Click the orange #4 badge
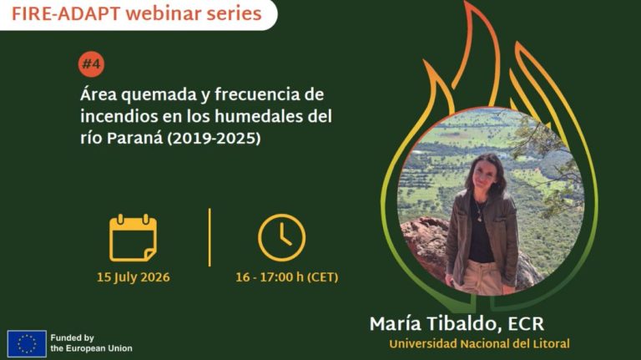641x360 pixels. point(92,63)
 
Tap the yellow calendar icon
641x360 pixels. point(133,238)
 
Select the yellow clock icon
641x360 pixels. point(281,238)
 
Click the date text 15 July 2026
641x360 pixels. point(134,277)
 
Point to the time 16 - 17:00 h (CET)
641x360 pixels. point(287,277)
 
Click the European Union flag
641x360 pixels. point(27,343)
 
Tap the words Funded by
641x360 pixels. point(73,338)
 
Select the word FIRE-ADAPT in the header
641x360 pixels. point(66,14)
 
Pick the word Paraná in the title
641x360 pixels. point(134,139)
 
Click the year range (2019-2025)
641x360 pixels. point(214,139)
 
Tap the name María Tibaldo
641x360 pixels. point(436,323)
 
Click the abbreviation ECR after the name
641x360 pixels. point(526,324)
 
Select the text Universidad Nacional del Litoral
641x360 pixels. point(480,343)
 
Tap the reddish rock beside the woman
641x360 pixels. point(425,246)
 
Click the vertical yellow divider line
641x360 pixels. point(209,238)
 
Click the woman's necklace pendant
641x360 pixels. point(479,218)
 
